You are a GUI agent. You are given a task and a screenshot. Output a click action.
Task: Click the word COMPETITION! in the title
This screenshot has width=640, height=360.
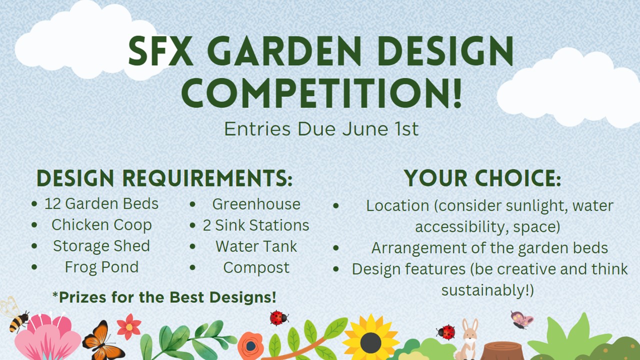click(x=321, y=93)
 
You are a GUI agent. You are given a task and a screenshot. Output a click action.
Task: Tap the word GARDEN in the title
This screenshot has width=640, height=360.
click(x=284, y=51)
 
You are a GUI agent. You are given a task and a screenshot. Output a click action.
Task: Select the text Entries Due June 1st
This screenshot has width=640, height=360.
click(x=321, y=129)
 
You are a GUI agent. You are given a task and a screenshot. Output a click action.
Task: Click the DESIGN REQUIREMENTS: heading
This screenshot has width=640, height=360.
click(x=164, y=178)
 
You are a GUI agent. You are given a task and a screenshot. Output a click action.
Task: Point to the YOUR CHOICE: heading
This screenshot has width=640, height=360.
click(x=482, y=178)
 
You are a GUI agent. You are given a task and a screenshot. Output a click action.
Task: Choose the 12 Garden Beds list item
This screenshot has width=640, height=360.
click(x=101, y=203)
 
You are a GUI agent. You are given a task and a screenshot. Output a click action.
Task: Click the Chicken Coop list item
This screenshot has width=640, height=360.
click(x=101, y=225)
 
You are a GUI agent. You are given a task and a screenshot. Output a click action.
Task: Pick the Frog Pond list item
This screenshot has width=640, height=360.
click(x=101, y=267)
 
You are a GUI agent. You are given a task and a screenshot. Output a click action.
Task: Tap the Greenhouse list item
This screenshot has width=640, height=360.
click(x=256, y=204)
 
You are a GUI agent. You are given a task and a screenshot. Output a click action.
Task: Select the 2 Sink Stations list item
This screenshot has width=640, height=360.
click(x=256, y=225)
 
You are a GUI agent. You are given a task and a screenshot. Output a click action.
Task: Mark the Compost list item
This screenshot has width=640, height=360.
click(x=256, y=267)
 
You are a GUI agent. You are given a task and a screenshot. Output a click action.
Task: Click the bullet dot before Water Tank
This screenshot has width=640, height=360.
click(x=192, y=246)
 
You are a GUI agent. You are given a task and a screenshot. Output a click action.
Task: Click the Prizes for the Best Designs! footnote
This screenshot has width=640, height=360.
click(x=164, y=297)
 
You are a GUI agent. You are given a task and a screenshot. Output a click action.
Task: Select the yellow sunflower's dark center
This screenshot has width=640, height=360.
click(x=370, y=343)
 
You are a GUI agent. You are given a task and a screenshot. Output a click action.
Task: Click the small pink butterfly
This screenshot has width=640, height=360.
click(x=521, y=320)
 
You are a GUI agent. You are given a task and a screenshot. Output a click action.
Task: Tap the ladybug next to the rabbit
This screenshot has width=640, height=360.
click(x=445, y=332)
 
